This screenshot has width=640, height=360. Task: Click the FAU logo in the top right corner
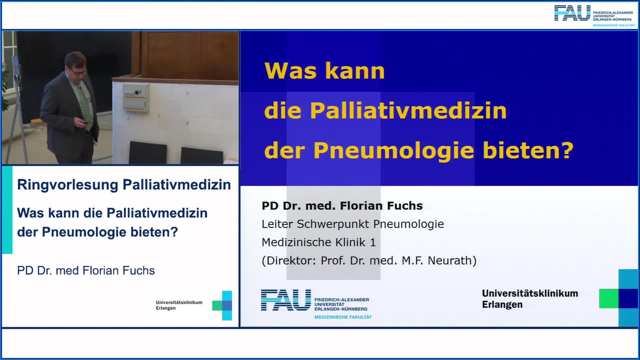(572, 13)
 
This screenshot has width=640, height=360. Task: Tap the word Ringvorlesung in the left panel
(68, 185)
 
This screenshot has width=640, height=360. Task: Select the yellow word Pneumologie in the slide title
(394, 151)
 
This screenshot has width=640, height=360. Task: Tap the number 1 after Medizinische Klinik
(373, 242)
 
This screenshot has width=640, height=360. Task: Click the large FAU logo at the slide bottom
(286, 300)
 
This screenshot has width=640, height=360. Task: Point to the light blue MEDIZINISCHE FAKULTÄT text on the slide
(343, 317)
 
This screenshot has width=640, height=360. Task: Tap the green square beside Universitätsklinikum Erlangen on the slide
(609, 298)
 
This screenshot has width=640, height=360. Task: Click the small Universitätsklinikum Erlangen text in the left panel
(179, 305)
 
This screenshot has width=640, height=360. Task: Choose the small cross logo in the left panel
(222, 305)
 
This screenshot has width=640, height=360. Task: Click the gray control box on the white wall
(136, 97)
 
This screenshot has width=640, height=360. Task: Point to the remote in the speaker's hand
(85, 122)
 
